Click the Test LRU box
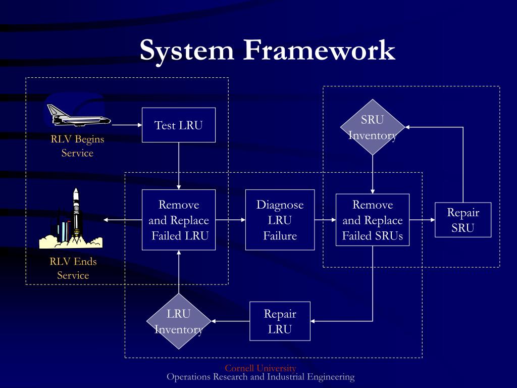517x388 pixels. (179, 125)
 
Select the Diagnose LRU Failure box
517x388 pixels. (280, 220)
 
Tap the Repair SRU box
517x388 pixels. (463, 220)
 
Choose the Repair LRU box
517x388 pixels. (280, 321)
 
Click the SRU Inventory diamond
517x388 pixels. (373, 127)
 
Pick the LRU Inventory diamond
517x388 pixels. (179, 321)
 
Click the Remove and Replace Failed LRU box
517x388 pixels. (179, 220)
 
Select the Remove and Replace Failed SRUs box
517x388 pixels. (373, 220)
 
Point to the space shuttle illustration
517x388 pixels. (78, 116)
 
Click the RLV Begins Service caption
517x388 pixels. (77, 146)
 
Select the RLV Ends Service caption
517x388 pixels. (73, 268)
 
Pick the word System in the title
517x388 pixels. (187, 51)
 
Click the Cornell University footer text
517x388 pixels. (261, 368)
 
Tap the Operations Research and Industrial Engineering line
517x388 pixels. (261, 377)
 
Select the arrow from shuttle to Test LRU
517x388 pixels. (127, 125)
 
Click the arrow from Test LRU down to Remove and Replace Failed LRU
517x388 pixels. (179, 166)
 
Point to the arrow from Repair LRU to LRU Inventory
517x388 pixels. (230, 321)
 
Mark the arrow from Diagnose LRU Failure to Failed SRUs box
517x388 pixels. (325, 220)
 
